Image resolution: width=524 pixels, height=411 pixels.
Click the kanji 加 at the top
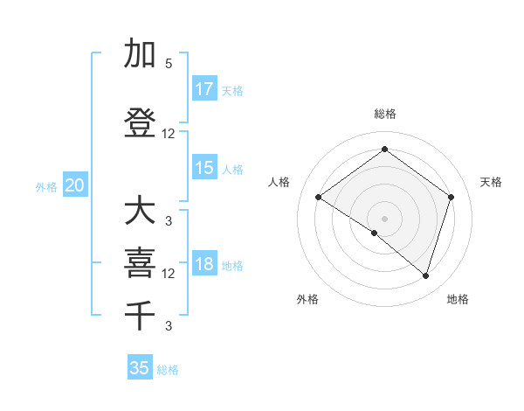141,54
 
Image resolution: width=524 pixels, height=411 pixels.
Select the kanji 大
141,211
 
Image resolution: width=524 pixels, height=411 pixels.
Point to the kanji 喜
141,263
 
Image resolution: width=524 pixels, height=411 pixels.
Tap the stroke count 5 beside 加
169,64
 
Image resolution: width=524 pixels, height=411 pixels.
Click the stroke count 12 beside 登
169,134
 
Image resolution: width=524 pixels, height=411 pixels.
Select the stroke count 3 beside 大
169,220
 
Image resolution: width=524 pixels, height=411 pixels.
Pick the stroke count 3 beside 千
169,326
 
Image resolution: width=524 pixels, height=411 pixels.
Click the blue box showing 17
204,89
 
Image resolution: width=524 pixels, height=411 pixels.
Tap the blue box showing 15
204,168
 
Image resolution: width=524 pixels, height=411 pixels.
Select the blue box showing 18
204,265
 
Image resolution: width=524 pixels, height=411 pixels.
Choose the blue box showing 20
75,185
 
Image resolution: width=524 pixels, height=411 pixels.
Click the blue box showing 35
140,368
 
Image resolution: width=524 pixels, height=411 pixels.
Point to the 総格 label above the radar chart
384,114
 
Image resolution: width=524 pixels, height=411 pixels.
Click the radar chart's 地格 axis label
458,299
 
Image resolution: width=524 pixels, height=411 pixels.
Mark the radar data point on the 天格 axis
451,197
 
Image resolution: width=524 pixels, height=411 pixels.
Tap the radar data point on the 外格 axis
375,233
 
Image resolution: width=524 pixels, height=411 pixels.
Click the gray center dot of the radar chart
384,218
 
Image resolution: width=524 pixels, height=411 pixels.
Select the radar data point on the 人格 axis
318,198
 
